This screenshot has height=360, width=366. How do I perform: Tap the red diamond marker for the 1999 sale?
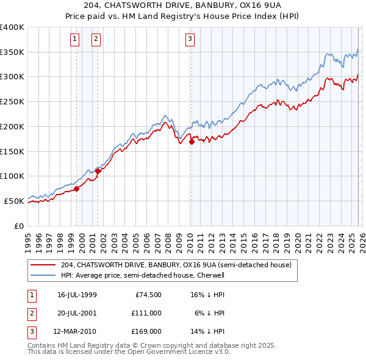click(77, 189)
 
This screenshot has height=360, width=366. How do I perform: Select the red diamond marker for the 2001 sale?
click(98, 171)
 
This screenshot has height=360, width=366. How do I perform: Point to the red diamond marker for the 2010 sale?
click(192, 142)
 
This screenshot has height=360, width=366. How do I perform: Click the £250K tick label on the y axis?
click(12, 102)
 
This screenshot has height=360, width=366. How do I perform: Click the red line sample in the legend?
click(42, 265)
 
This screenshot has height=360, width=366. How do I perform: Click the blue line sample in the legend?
click(42, 275)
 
